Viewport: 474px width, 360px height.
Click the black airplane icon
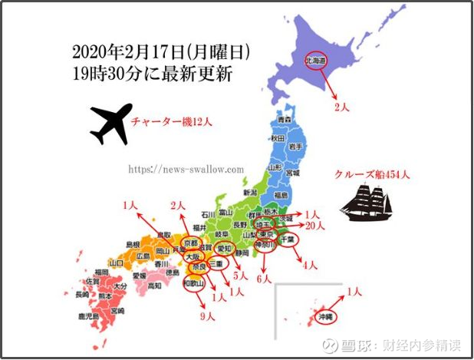click(x=109, y=125)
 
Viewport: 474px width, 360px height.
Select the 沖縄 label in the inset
click(x=328, y=315)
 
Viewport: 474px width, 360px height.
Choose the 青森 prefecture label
click(x=285, y=121)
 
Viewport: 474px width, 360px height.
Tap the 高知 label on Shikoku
click(x=153, y=286)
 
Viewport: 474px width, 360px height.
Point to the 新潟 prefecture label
click(x=249, y=192)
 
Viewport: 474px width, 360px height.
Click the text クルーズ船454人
click(x=372, y=174)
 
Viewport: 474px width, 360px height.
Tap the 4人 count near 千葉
click(x=311, y=266)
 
